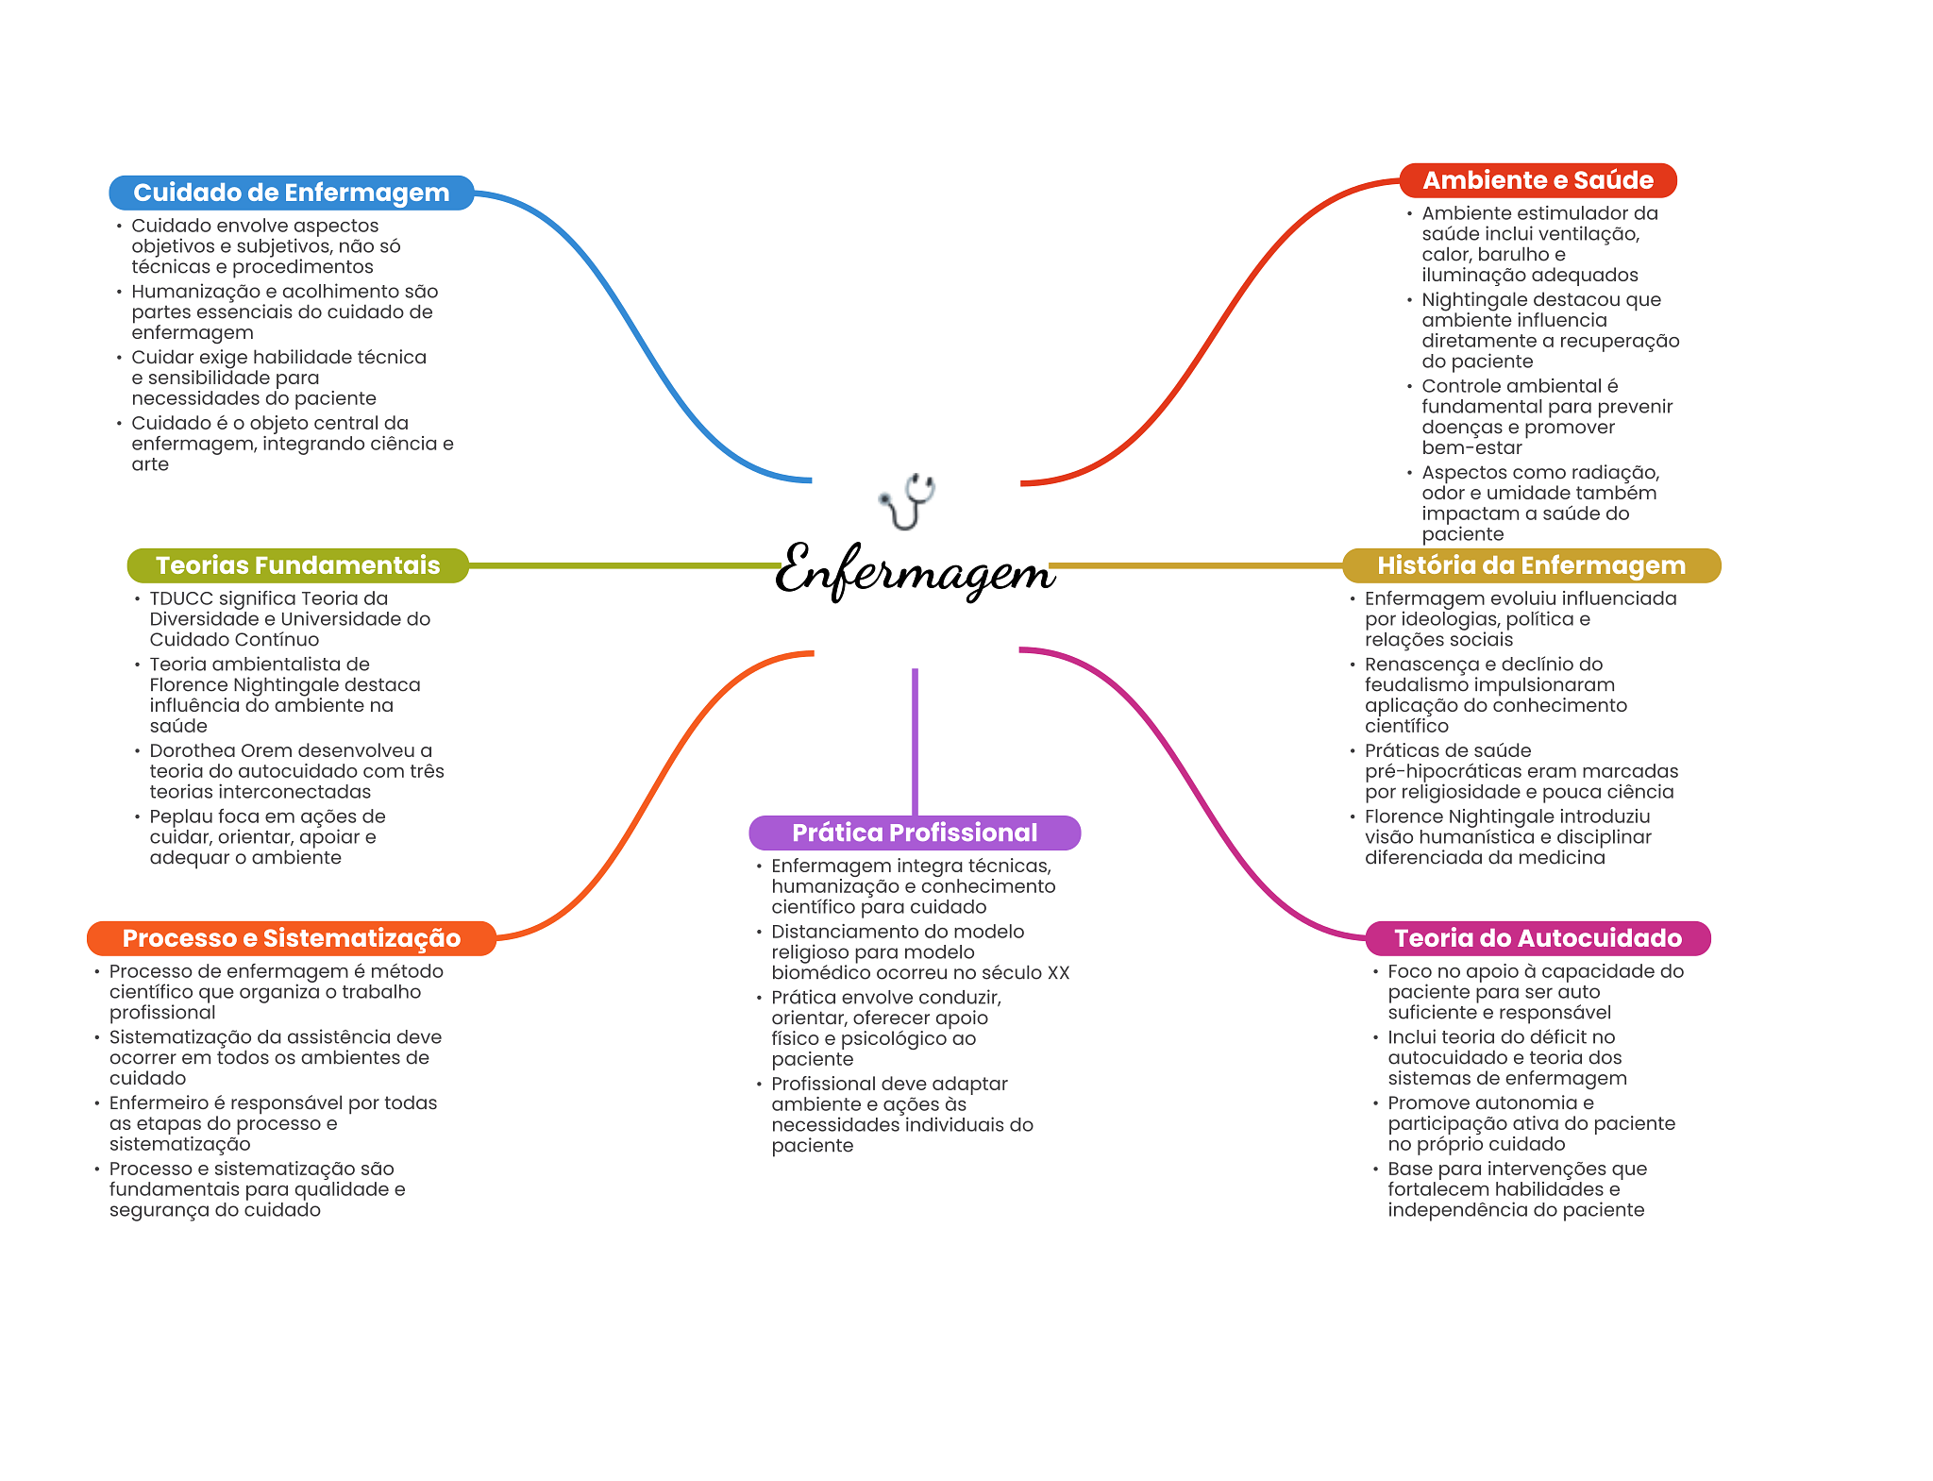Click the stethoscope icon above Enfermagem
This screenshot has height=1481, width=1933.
coord(907,501)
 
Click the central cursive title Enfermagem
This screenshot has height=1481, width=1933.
coord(915,570)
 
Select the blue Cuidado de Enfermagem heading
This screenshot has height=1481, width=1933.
coord(292,193)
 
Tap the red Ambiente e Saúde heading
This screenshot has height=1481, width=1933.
coord(1538,180)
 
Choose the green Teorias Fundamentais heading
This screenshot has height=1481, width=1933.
coord(298,565)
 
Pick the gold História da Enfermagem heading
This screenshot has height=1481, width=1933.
coord(1532,565)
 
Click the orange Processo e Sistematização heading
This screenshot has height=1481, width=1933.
coord(292,938)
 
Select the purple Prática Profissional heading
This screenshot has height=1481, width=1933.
coord(915,833)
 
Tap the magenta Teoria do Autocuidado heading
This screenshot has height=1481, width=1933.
coord(1538,938)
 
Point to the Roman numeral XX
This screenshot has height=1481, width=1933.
coord(1058,973)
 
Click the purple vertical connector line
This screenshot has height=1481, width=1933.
coord(915,742)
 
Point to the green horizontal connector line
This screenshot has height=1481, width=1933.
coord(624,565)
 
